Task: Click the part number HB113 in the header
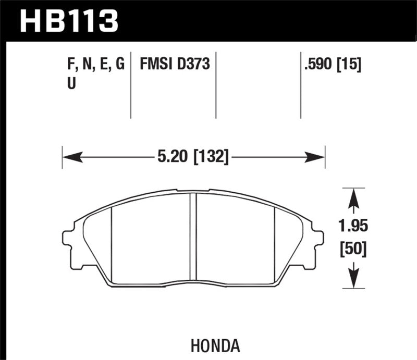point(69,21)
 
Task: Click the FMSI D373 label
point(175,65)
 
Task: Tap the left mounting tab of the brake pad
point(69,239)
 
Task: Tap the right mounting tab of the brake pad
point(317,239)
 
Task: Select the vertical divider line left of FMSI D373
point(130,85)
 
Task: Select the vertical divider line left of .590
point(301,85)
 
